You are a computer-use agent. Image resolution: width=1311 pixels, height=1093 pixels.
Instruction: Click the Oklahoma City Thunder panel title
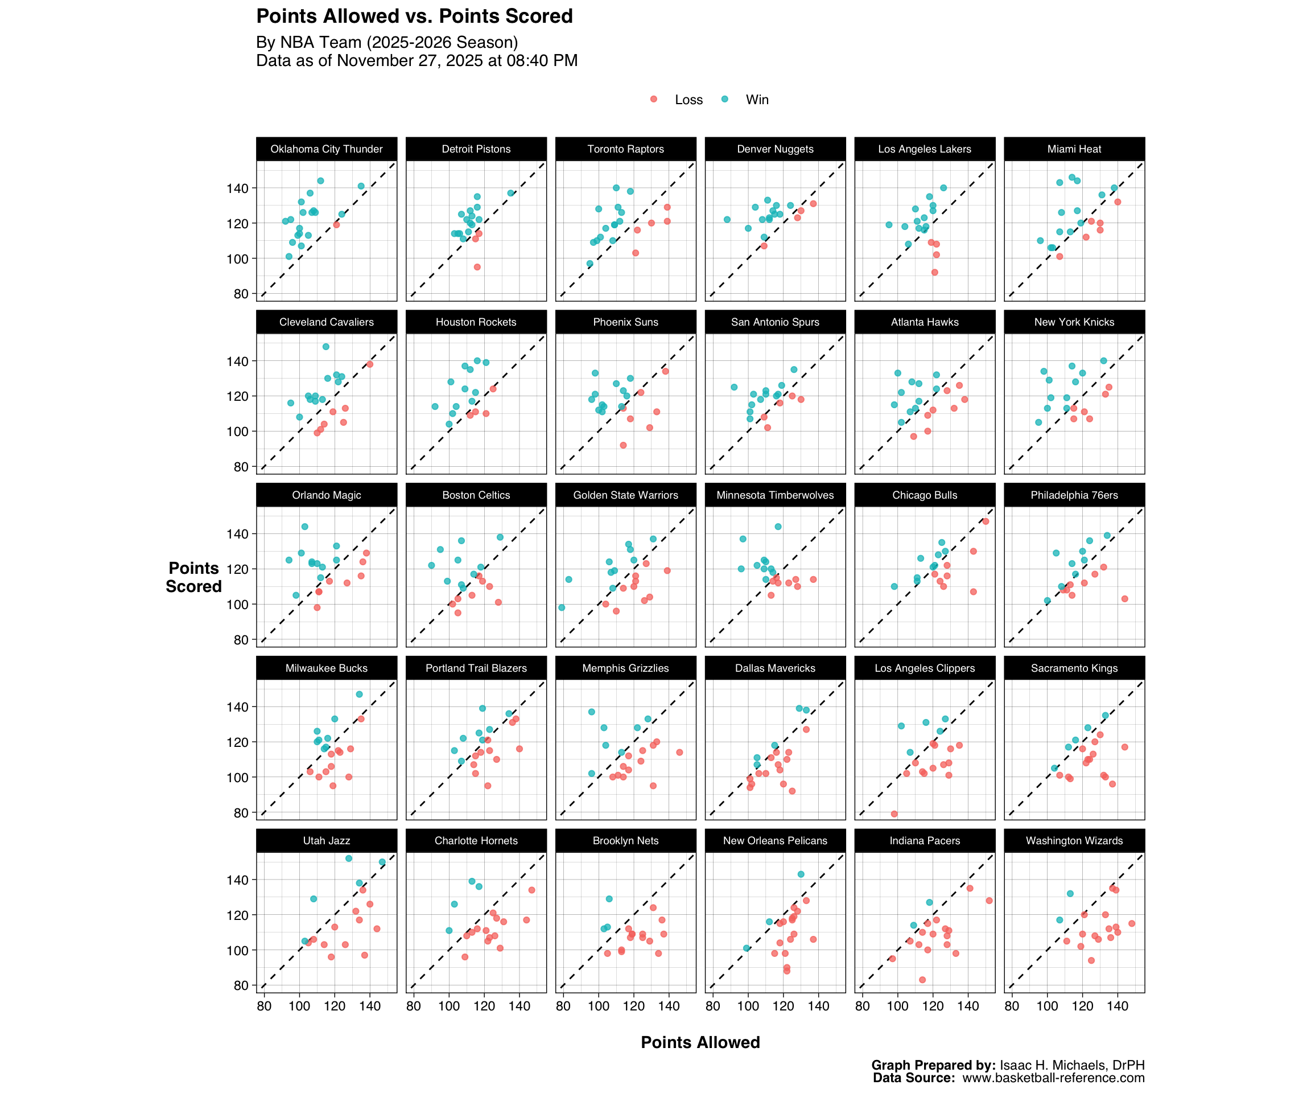tap(326, 149)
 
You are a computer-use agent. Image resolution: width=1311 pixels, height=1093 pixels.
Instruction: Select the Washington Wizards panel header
tap(1074, 841)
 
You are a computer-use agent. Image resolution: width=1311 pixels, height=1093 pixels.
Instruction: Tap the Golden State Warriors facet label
tap(625, 495)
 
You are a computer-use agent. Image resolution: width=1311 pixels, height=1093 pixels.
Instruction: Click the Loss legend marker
tap(654, 99)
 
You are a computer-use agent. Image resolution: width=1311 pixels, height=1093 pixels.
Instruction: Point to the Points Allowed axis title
tap(700, 1042)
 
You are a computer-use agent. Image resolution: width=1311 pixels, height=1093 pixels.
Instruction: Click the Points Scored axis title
tap(193, 577)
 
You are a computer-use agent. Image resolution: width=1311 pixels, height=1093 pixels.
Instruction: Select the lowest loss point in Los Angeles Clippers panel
tap(894, 814)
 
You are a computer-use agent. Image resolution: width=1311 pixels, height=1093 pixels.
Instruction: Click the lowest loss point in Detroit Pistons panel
tap(477, 266)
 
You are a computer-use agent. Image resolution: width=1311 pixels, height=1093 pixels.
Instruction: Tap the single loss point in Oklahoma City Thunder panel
tap(336, 224)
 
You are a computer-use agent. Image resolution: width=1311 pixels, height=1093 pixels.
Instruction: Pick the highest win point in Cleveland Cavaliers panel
tap(326, 347)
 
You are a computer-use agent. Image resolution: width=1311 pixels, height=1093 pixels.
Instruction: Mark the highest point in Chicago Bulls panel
tap(986, 521)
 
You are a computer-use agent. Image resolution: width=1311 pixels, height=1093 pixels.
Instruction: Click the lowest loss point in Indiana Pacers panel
tap(922, 980)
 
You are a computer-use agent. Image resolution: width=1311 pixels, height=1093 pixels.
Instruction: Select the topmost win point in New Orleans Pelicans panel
tap(801, 874)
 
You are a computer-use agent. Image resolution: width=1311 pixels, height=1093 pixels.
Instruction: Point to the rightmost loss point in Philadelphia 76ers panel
tap(1124, 599)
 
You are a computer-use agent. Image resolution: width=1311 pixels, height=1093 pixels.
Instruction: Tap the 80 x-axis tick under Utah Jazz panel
tap(263, 1006)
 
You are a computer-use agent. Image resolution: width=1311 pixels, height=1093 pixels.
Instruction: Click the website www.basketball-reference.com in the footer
tap(1053, 1078)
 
